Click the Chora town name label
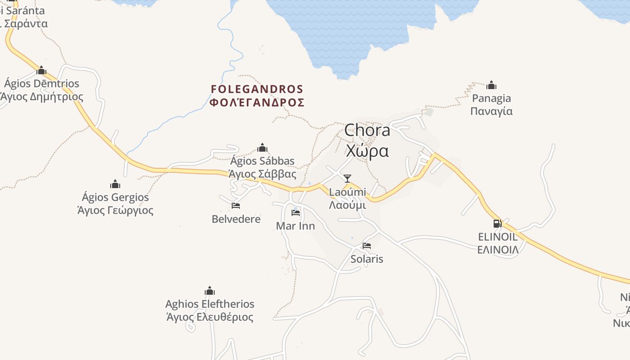coord(367,140)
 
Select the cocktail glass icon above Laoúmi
coord(347,179)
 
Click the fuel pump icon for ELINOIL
coord(497,224)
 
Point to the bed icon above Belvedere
coord(236,206)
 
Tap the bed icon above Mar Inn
coord(296,212)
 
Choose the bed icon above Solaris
coord(367,246)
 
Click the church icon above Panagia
coord(491,85)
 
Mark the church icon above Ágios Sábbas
coord(262,148)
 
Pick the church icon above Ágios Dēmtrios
coord(41,70)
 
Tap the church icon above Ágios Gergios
coord(115,184)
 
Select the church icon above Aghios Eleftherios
coord(210,291)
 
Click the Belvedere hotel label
coord(236,219)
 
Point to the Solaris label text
coord(367,259)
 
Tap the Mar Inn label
coord(295,226)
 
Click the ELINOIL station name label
coord(498,243)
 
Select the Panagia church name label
coord(491,104)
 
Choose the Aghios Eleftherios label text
coord(210,310)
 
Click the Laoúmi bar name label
coord(347,198)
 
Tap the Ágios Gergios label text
coord(115,204)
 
